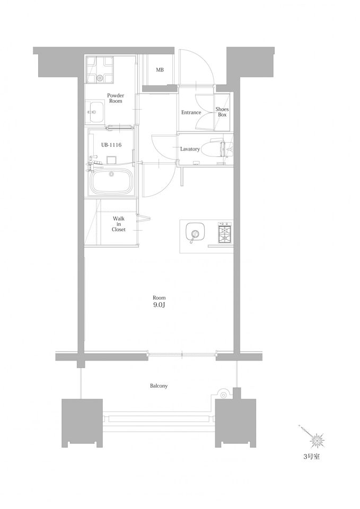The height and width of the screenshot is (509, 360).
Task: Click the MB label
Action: [x=160, y=70]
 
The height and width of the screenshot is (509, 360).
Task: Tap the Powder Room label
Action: [x=116, y=98]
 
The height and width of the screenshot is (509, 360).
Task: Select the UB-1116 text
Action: [x=111, y=145]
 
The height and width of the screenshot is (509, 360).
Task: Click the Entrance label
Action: [x=191, y=112]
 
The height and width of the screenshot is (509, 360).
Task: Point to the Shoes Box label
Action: [x=222, y=112]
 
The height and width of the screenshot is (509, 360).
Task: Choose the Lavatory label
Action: [x=190, y=149]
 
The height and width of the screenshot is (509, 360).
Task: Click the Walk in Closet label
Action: [x=118, y=224]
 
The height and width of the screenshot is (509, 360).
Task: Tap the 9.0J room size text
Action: [x=159, y=305]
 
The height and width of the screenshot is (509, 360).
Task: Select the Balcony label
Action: [x=159, y=386]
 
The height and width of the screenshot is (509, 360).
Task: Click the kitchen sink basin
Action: [x=195, y=233]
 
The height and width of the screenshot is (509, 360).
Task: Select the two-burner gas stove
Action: [x=225, y=232]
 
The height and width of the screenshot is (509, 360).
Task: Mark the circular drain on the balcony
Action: [x=223, y=395]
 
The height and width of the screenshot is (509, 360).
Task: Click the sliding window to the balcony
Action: [x=182, y=355]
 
